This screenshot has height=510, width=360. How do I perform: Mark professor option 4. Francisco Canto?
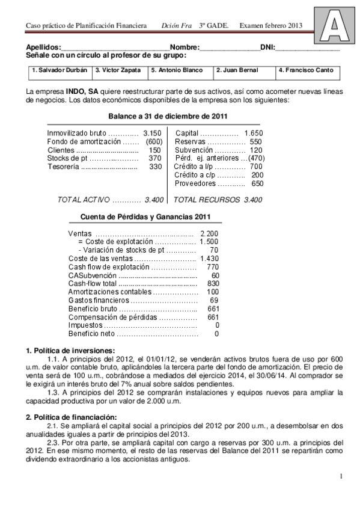click(x=305, y=70)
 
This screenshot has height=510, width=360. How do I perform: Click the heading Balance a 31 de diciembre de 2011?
click(x=167, y=116)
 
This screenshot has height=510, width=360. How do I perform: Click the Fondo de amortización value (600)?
click(x=154, y=141)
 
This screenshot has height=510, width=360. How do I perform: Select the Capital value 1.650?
click(x=254, y=133)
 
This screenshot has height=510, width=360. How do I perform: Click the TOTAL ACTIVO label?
click(x=82, y=199)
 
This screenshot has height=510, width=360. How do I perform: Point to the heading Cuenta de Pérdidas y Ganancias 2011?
click(x=145, y=217)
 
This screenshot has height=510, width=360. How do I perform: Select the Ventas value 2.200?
click(x=209, y=233)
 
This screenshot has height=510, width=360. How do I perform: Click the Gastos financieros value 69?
click(x=214, y=300)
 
